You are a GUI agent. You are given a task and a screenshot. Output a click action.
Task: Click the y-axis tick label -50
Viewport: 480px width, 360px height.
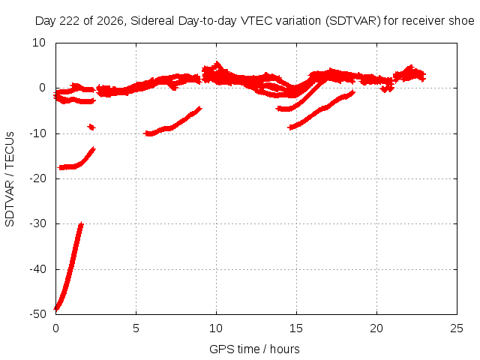pos(37,314)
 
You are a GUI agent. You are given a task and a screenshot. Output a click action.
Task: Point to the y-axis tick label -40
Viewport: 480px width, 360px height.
pos(37,269)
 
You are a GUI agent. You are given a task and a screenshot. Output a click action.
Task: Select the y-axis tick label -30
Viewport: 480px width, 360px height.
pos(37,223)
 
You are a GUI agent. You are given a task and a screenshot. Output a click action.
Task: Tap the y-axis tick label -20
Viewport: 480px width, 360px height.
pos(37,178)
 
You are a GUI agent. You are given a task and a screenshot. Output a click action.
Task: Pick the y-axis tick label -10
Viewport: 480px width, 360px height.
pos(37,133)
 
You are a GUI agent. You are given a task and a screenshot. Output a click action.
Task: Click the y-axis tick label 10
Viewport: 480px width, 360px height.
pos(39,43)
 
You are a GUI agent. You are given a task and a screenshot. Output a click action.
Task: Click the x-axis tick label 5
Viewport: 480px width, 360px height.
pos(136,328)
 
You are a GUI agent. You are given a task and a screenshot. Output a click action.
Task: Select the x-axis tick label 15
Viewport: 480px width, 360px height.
pos(296,328)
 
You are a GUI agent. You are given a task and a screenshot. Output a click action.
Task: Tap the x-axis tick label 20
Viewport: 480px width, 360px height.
pos(376,328)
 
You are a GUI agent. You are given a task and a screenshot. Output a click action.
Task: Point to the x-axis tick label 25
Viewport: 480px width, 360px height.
pos(457,328)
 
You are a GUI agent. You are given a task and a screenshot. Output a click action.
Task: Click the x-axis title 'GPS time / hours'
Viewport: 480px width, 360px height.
pos(254,349)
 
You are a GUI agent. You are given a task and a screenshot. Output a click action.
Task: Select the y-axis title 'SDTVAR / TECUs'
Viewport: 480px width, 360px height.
pos(10,179)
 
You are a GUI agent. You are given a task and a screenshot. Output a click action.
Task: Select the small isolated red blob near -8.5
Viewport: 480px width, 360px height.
pos(91,127)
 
